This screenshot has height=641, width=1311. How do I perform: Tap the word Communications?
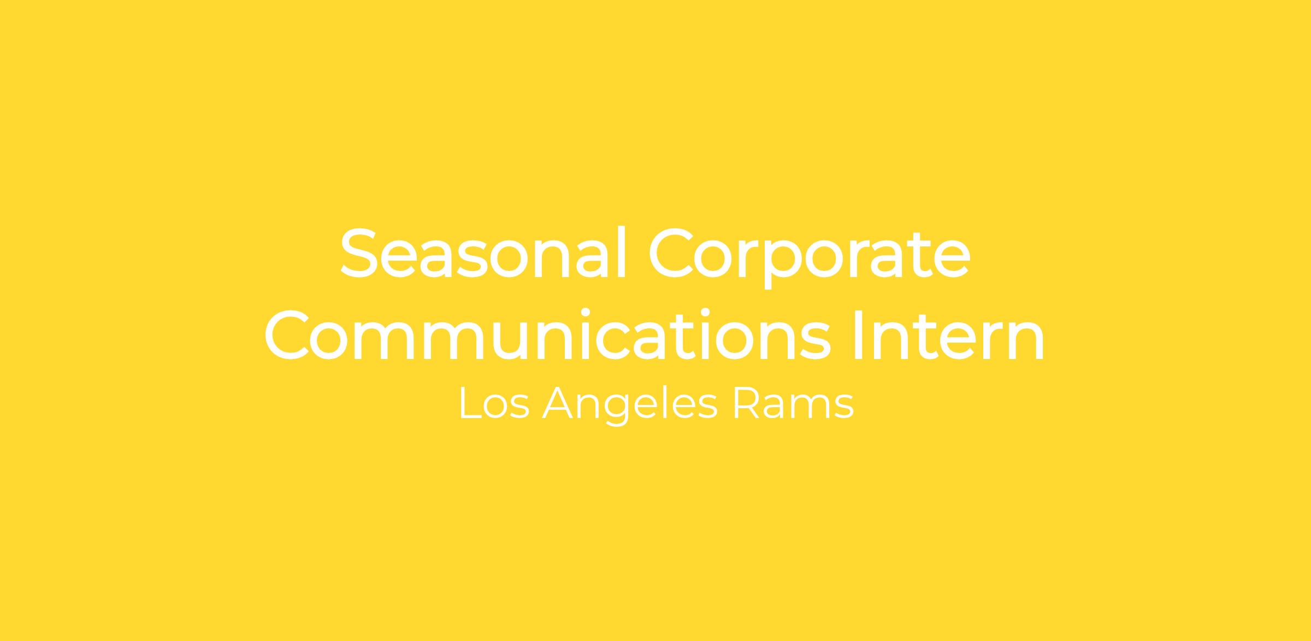[547, 334]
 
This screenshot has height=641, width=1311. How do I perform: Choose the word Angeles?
[630, 405]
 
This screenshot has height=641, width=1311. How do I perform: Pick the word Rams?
[793, 403]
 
